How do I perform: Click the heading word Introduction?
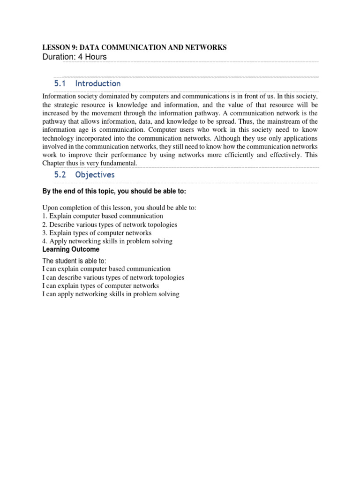[x=98, y=83]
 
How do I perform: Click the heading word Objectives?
[x=95, y=174]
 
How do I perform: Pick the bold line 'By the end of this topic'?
[x=114, y=191]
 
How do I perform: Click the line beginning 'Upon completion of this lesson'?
[x=120, y=208]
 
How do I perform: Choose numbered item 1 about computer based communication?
[x=103, y=216]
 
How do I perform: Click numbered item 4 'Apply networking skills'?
[x=107, y=241]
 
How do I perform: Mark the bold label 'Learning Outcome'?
[x=71, y=249]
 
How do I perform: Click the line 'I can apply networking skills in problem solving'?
[x=111, y=294]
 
